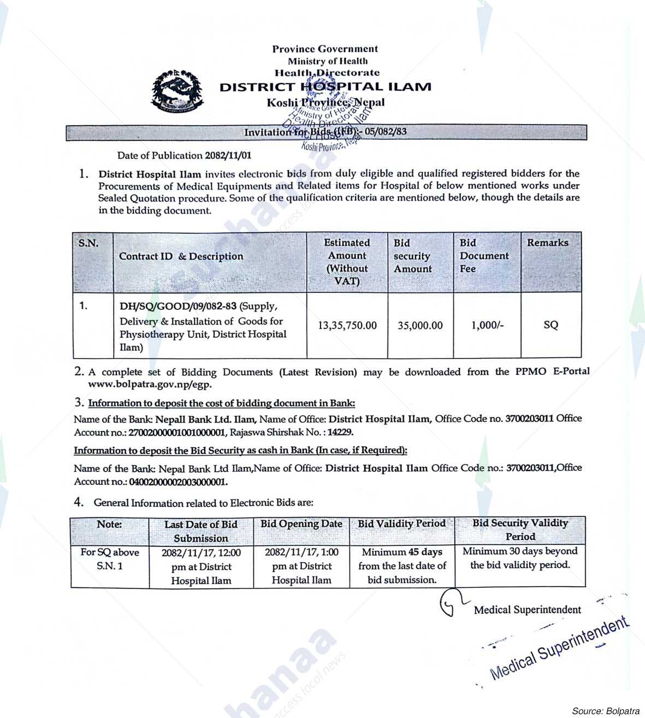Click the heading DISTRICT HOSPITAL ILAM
(x=325, y=86)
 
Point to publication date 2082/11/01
(x=228, y=155)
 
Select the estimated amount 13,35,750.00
(x=347, y=326)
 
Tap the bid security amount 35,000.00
(x=420, y=326)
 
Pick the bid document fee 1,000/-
(x=487, y=326)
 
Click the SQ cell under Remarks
(x=551, y=325)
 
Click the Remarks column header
(x=547, y=243)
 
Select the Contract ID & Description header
(x=181, y=256)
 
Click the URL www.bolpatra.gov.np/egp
(x=150, y=384)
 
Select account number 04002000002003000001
(x=177, y=482)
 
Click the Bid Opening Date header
(x=301, y=524)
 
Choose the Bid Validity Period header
(x=401, y=523)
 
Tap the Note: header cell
(x=109, y=524)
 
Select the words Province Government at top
(x=325, y=49)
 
